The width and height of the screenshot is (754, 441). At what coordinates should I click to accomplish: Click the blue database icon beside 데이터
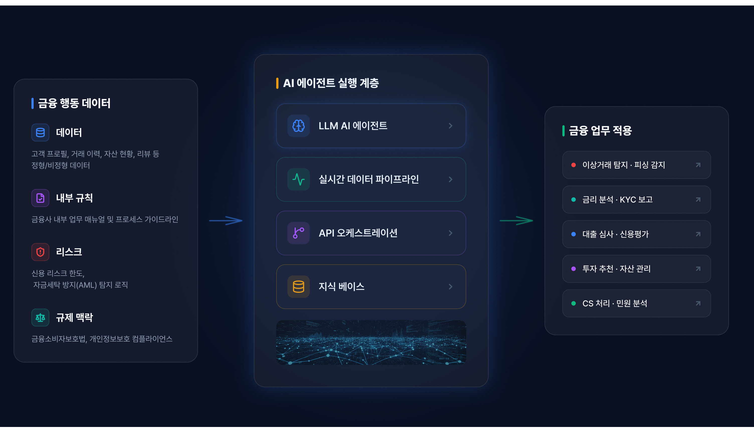coord(40,133)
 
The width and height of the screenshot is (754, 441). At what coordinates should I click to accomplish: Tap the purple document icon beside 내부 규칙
coord(40,198)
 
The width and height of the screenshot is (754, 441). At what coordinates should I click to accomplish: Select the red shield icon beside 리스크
coord(40,252)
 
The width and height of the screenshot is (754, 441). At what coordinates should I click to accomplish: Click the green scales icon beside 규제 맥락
coord(40,317)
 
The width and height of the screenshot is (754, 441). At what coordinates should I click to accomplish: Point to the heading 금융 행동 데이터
coord(74,103)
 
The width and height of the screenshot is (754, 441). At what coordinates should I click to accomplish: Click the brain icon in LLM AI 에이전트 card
coord(299,126)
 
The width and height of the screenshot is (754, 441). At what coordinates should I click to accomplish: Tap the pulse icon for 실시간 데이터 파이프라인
coord(299,179)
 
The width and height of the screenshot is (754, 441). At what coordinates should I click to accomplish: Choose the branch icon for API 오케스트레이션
coord(299,233)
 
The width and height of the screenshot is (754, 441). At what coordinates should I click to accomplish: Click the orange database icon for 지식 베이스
coord(299,287)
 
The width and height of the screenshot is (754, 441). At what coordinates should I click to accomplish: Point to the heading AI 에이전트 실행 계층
coord(331,83)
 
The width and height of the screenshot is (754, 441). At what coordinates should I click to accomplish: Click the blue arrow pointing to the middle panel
coord(226,221)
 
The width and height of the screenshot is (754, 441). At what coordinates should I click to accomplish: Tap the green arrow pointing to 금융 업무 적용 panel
coord(516,221)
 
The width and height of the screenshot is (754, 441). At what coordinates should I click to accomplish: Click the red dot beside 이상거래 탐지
coord(574,165)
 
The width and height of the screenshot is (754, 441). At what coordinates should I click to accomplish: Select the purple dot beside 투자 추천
coord(574,269)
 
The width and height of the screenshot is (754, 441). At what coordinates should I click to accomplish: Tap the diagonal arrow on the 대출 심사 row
coord(698,234)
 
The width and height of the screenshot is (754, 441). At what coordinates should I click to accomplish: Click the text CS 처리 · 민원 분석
coord(615,303)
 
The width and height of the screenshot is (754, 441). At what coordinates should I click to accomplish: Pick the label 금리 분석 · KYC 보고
coord(618,199)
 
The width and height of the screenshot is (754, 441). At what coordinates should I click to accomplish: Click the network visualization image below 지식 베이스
coord(371,342)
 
